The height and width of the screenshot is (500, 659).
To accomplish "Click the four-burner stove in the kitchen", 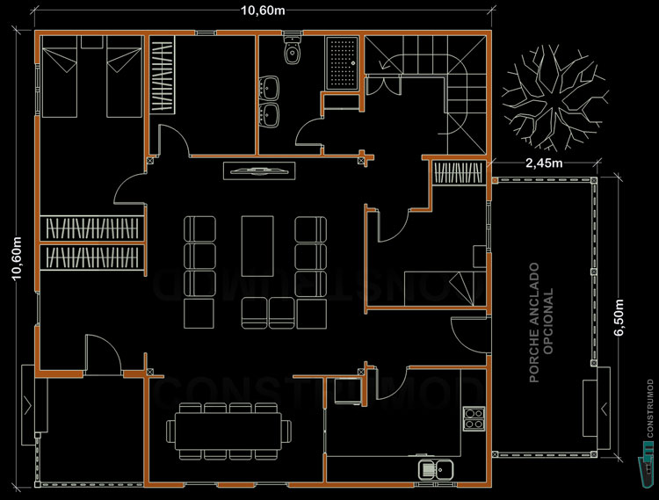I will coord(473,417).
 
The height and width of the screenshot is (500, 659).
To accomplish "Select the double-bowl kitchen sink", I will coord(436,469).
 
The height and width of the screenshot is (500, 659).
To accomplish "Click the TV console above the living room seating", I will coord(258,170).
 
